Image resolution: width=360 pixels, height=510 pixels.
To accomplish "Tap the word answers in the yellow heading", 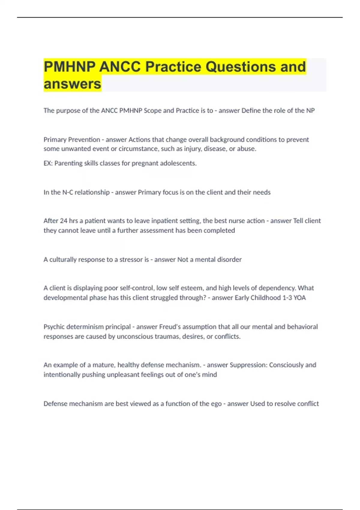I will [72, 84].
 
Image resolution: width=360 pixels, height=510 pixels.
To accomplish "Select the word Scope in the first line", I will [152, 110].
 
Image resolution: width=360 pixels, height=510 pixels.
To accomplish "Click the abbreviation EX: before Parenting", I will [48, 163].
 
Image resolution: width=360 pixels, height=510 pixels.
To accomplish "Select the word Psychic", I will [54, 327].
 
